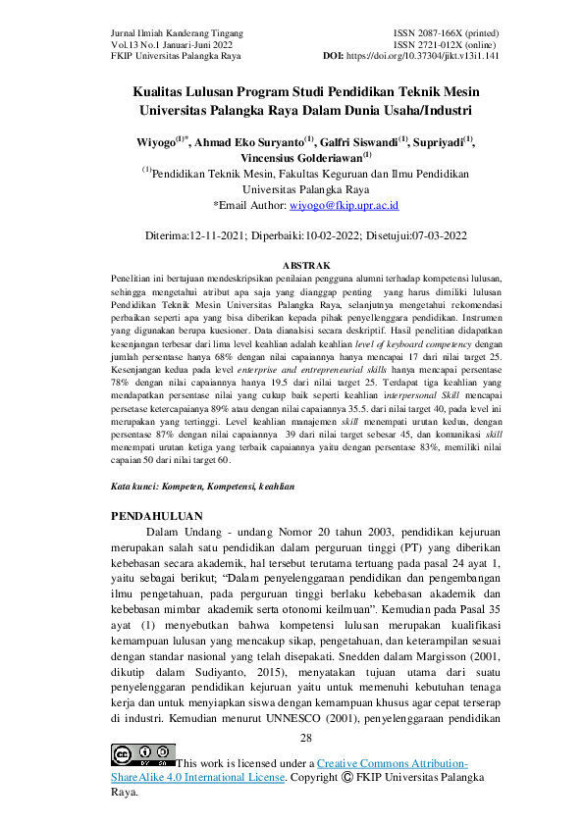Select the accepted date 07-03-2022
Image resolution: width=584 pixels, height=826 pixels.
(x=433, y=235)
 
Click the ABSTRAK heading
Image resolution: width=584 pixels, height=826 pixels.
(x=305, y=266)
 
